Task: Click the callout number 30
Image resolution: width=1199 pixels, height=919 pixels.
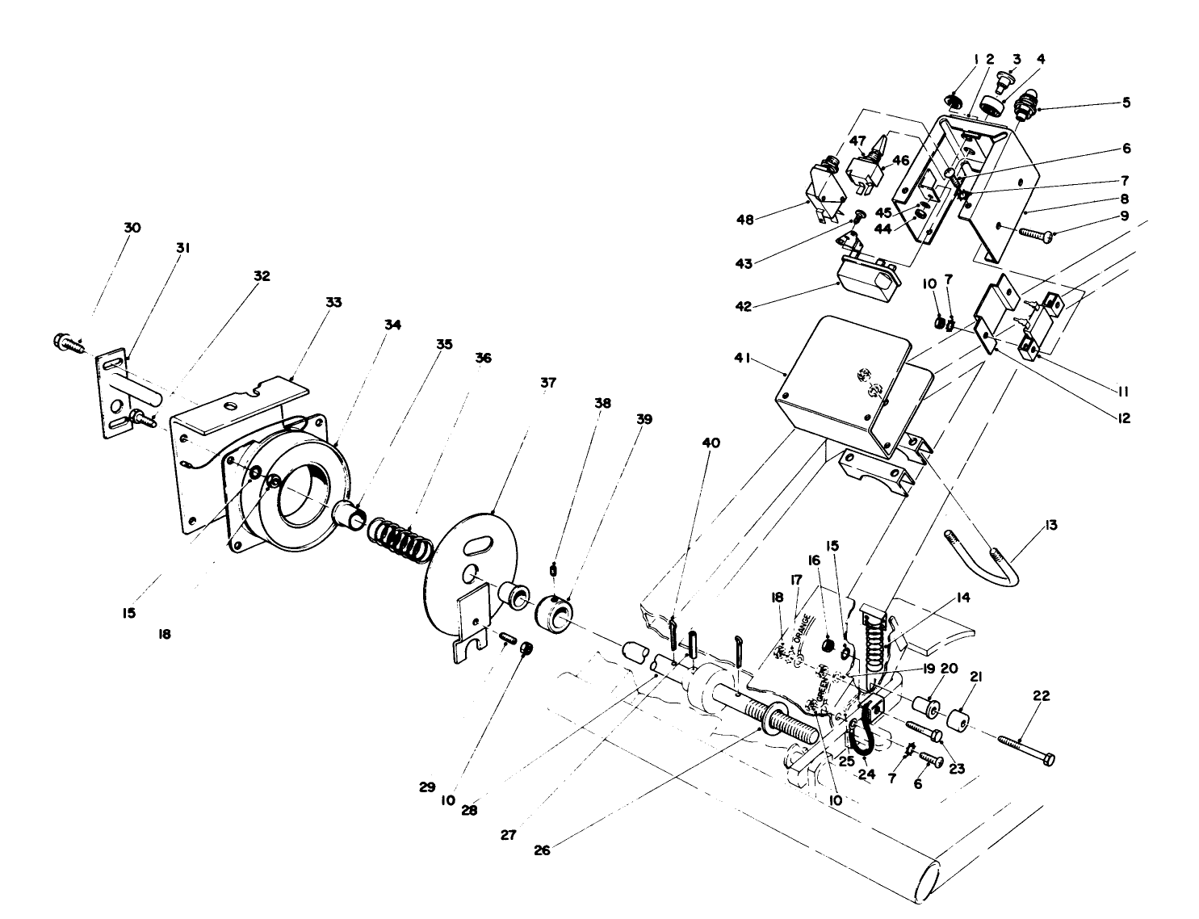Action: [132, 228]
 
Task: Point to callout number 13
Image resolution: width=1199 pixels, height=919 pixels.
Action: [1050, 526]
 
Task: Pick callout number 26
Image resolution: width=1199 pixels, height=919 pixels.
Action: [542, 850]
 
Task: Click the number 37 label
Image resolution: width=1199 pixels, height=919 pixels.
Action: [549, 381]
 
